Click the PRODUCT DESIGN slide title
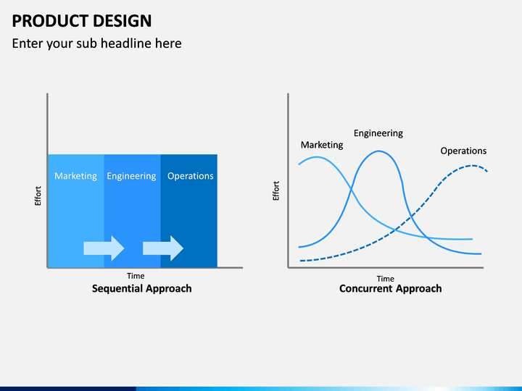(81, 20)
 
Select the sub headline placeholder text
(96, 43)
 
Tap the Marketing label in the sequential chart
(75, 176)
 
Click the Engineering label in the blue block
(131, 176)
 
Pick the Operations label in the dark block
(191, 176)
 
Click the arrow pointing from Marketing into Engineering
(104, 248)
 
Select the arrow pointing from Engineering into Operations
(163, 248)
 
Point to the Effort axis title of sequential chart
(38, 195)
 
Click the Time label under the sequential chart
(136, 276)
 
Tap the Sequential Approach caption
(142, 288)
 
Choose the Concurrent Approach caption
(391, 288)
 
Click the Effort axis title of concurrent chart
(276, 191)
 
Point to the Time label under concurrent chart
(386, 279)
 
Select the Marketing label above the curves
(322, 145)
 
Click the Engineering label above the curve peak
(378, 133)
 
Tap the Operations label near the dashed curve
(463, 151)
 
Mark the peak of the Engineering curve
(379, 151)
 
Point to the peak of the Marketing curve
(316, 157)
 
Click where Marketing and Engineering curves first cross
(352, 190)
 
